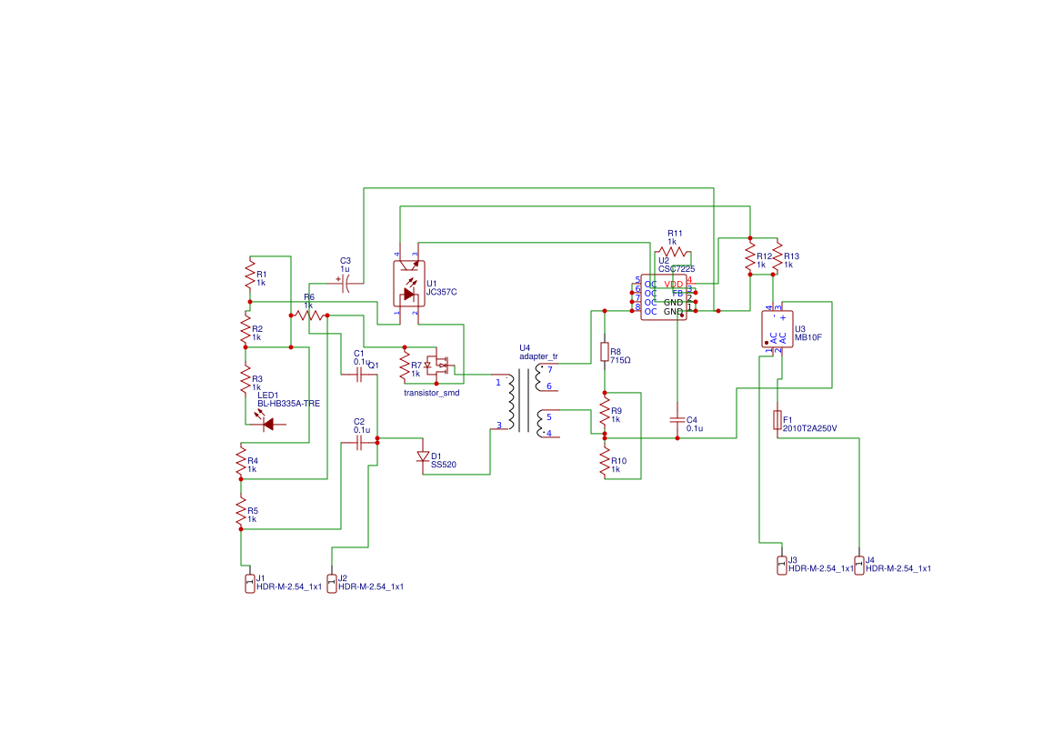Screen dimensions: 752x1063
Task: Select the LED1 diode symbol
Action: pyautogui.click(x=267, y=423)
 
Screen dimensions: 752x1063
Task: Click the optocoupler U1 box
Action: pyautogui.click(x=407, y=284)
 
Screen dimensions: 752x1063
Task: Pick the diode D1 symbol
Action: pyautogui.click(x=422, y=456)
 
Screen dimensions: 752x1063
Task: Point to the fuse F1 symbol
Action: pyautogui.click(x=777, y=419)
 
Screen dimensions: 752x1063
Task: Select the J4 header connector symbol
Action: pyautogui.click(x=858, y=565)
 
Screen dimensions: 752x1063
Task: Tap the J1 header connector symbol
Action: pyautogui.click(x=249, y=583)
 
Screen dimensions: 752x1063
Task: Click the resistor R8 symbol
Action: pyautogui.click(x=604, y=352)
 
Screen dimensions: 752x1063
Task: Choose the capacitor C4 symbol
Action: pyautogui.click(x=677, y=420)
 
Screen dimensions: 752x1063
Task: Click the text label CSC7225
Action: pyautogui.click(x=677, y=269)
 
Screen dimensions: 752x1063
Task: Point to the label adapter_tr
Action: pyautogui.click(x=538, y=356)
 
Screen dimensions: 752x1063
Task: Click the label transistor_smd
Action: pyautogui.click(x=431, y=393)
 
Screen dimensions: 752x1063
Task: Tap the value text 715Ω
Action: pyautogui.click(x=620, y=360)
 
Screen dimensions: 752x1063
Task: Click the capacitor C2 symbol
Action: pyautogui.click(x=358, y=442)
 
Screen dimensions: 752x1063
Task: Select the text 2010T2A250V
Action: pyautogui.click(x=809, y=428)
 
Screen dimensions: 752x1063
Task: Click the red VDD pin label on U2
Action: pyautogui.click(x=673, y=285)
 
